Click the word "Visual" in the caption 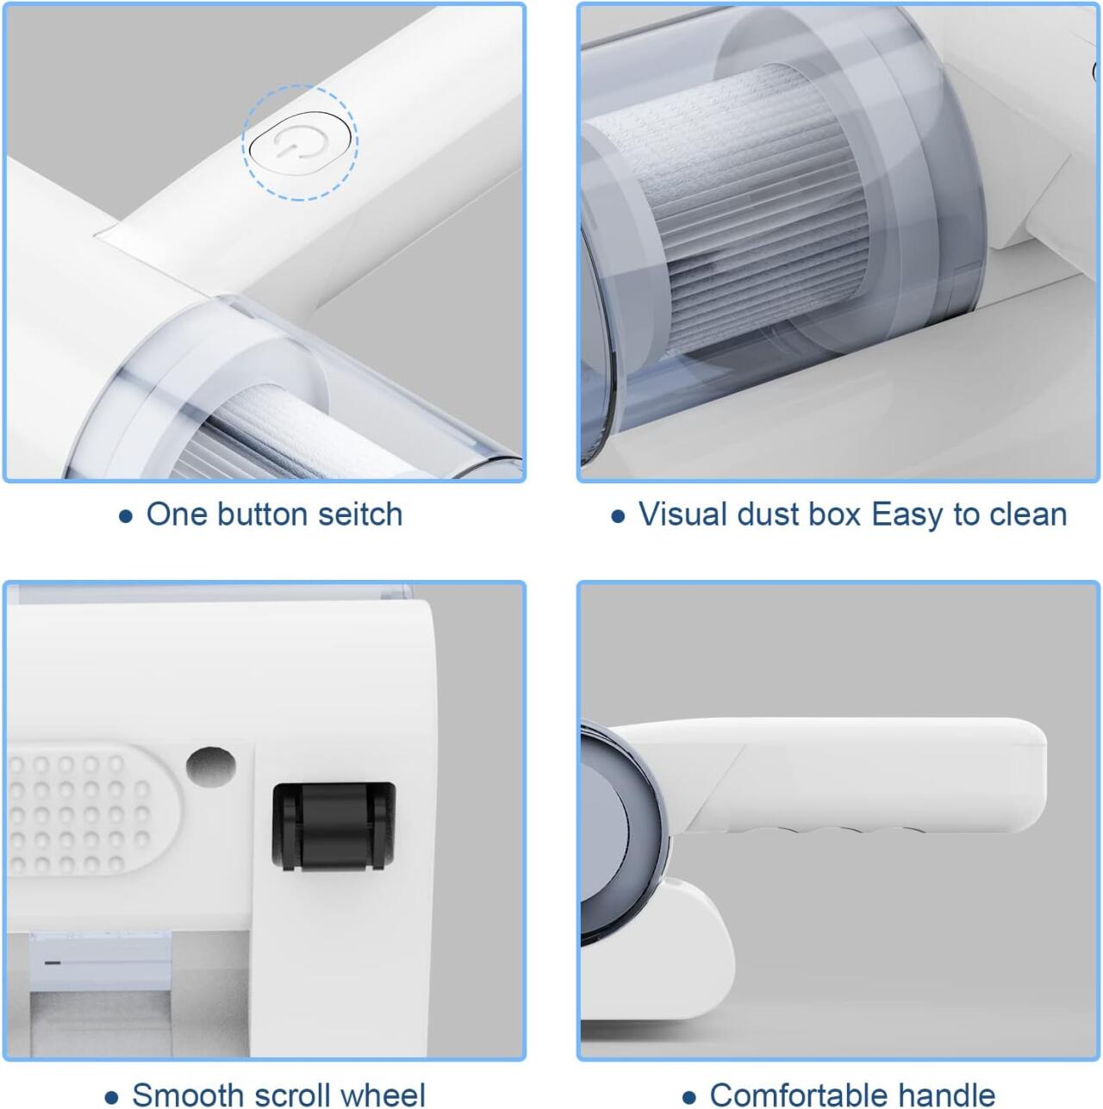(x=680, y=514)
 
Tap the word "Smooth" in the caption (x=185, y=1094)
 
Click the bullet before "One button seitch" (x=126, y=516)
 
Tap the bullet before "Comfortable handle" (x=689, y=1097)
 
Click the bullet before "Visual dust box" (x=617, y=516)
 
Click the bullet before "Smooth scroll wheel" (x=111, y=1097)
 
